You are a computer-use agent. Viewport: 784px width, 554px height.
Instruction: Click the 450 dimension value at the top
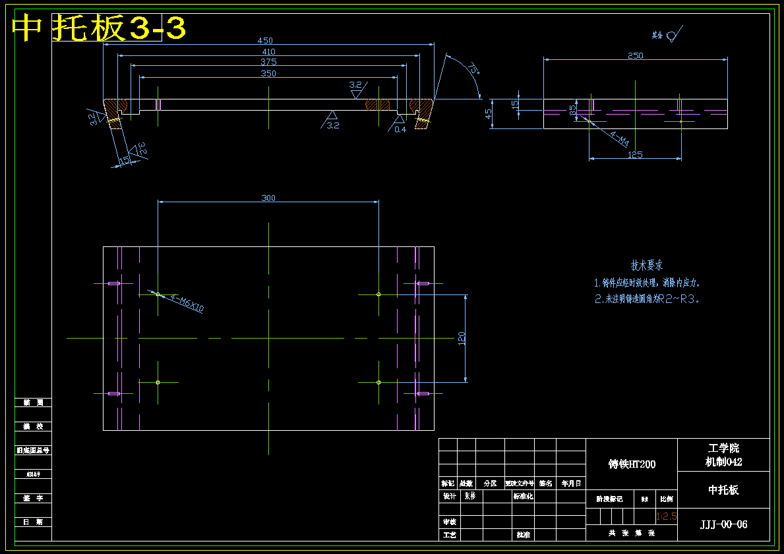265,41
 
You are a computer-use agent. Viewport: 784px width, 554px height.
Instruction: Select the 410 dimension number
268,51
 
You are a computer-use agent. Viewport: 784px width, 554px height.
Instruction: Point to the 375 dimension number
268,62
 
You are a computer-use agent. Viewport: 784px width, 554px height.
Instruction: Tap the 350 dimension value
268,74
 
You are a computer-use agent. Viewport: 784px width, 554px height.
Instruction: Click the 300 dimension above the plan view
268,198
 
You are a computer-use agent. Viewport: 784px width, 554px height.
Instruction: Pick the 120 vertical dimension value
462,338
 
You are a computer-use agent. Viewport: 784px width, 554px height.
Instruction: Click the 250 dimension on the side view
635,56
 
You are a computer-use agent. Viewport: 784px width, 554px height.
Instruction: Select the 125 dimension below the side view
635,155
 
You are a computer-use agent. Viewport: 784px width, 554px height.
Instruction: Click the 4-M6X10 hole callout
187,304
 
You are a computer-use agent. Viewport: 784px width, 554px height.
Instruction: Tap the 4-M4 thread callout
619,140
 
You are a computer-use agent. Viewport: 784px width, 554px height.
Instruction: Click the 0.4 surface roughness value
400,129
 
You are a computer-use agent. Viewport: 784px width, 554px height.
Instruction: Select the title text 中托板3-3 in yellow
99,28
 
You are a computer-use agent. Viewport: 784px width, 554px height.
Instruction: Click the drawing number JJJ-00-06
723,524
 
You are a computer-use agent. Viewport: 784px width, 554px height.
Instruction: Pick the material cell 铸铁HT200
632,464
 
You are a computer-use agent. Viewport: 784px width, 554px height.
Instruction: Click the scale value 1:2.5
666,516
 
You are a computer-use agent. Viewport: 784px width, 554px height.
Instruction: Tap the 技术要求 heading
647,265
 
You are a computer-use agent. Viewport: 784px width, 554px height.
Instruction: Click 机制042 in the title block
723,462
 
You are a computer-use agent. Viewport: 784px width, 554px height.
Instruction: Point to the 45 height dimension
489,113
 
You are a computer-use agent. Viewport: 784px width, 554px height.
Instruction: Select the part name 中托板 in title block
723,489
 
